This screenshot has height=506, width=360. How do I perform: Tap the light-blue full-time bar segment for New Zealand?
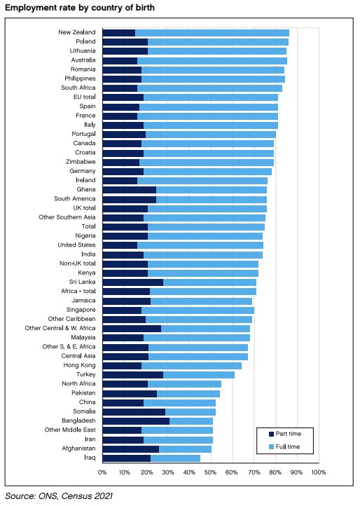pos(212,33)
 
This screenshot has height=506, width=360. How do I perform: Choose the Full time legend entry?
pos(284,446)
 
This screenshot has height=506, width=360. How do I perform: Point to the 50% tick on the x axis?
pos(210,473)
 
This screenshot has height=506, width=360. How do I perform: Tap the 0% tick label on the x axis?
pos(102,473)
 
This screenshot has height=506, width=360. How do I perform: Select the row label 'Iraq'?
pos(90,458)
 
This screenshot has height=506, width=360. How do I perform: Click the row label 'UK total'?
pos(83,208)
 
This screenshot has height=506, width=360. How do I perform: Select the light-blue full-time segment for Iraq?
pos(175,458)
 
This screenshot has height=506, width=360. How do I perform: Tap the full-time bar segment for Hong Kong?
pos(191,365)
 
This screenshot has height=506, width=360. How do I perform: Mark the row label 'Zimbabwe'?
pos(81,162)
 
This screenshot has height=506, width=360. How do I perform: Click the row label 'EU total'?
pos(83,97)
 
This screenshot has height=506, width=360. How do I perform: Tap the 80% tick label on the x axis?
pos(275,473)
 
